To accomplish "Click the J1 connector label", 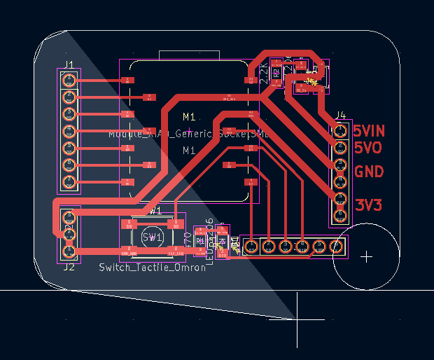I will [69, 65].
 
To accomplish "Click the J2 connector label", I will [69, 267].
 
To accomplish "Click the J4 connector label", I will [340, 115].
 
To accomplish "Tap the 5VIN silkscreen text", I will [369, 131].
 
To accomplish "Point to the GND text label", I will [369, 172].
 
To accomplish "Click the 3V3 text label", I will [368, 205].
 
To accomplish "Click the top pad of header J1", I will [69, 80].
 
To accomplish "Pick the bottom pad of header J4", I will [341, 214].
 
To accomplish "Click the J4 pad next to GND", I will [341, 165].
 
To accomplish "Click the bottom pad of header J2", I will [69, 251].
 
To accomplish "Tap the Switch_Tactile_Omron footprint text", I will [152, 267].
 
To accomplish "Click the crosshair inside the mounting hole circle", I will [366, 256].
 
